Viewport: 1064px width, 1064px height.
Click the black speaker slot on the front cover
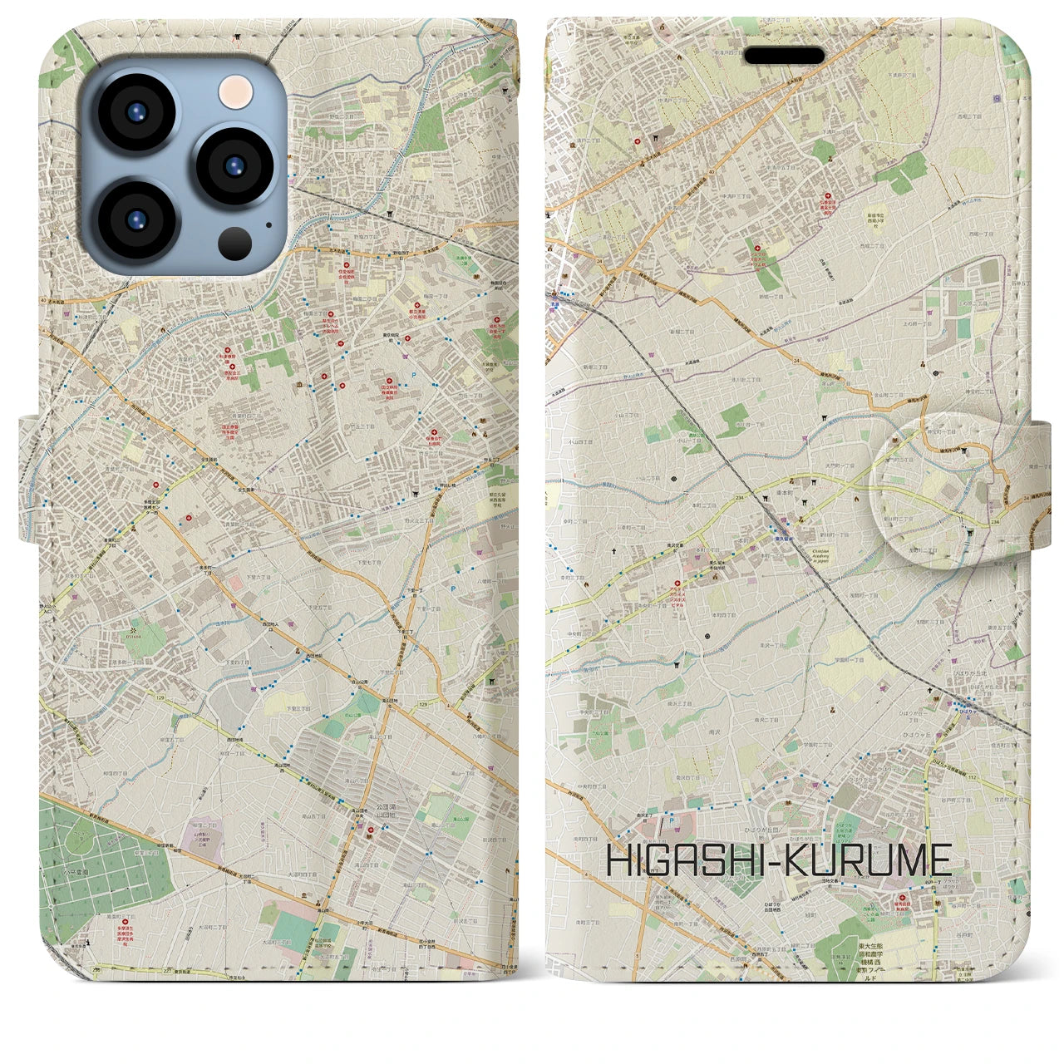click(784, 55)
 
